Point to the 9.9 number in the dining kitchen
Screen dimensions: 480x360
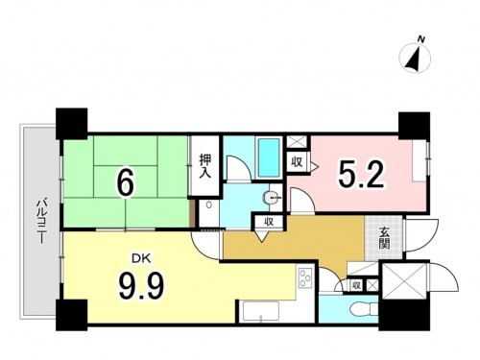tap(141, 286)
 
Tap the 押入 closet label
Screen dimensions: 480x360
tap(205, 166)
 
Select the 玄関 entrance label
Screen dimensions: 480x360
tap(384, 238)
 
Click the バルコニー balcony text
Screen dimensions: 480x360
tap(41, 221)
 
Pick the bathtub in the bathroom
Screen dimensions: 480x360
tap(269, 157)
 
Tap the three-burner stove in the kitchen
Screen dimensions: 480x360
tap(306, 278)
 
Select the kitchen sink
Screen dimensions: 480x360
tap(260, 311)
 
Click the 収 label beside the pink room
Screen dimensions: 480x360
tap(297, 162)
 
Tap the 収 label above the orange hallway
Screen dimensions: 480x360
tap(269, 222)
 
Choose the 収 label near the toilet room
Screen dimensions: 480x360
tap(356, 285)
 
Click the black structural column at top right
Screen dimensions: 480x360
tap(414, 126)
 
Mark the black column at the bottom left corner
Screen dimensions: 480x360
tap(71, 315)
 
